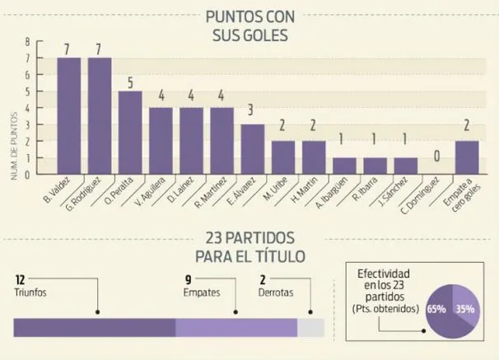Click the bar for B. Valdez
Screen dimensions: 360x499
[x=68, y=116]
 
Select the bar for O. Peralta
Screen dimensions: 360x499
[x=130, y=133]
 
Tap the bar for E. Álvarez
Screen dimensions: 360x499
[x=253, y=149]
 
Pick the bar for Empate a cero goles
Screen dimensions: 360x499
[x=466, y=157]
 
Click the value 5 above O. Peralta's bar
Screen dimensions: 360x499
[x=130, y=82]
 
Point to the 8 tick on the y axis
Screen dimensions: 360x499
[x=27, y=41]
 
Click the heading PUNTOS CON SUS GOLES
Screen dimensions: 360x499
[x=249, y=26]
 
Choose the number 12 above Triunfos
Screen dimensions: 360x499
[x=20, y=278]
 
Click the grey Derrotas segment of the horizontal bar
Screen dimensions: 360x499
[x=311, y=327]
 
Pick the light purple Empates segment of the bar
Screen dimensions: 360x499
[x=236, y=327]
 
